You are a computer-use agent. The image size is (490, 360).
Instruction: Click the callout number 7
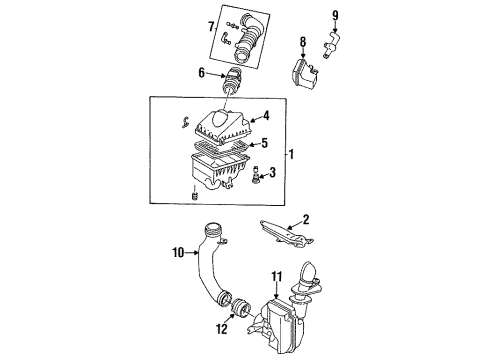211,27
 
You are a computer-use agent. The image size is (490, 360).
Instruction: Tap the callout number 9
335,15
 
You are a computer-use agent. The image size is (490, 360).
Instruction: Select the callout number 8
303,42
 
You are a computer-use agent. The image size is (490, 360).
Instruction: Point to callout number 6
201,73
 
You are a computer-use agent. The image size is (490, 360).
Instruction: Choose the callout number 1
291,154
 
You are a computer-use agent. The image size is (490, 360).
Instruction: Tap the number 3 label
272,172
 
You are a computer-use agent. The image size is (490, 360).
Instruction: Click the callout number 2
306,219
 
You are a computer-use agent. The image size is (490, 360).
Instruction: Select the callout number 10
178,253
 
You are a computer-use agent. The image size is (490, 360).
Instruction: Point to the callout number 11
277,277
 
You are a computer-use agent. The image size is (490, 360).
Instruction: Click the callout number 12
222,329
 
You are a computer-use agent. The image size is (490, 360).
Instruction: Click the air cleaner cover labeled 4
222,129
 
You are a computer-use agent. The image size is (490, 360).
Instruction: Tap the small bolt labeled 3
256,174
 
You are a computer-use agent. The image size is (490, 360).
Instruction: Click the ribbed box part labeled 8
304,74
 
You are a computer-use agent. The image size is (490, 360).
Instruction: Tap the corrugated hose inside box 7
248,38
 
